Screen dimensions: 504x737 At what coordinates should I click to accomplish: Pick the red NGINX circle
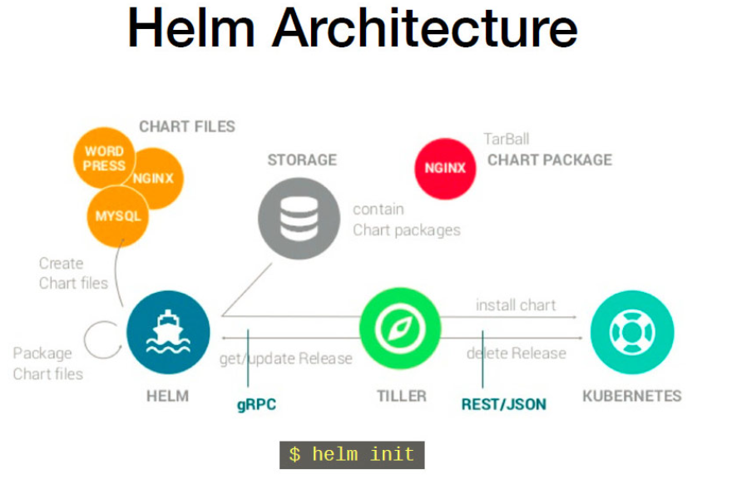coord(445,167)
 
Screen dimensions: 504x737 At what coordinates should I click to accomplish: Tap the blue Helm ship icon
coord(167,332)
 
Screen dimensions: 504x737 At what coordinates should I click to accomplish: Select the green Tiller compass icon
coord(400,330)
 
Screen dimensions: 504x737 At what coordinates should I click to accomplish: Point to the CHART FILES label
coord(187,126)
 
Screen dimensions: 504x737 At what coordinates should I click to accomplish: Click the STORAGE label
coord(302,160)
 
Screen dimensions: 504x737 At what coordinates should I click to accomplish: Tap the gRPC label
coord(256,405)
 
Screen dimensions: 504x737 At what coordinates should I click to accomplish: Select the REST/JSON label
coord(504,405)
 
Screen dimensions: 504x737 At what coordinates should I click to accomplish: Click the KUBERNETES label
coord(631,396)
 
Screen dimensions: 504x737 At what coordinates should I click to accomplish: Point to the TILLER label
coord(402,396)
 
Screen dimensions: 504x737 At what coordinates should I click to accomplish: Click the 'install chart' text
coord(516,305)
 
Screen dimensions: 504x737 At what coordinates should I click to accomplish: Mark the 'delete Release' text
coord(516,353)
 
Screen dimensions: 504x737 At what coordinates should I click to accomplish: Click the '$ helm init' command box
coord(352,455)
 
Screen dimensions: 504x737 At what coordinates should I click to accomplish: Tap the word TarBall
coord(506,139)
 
